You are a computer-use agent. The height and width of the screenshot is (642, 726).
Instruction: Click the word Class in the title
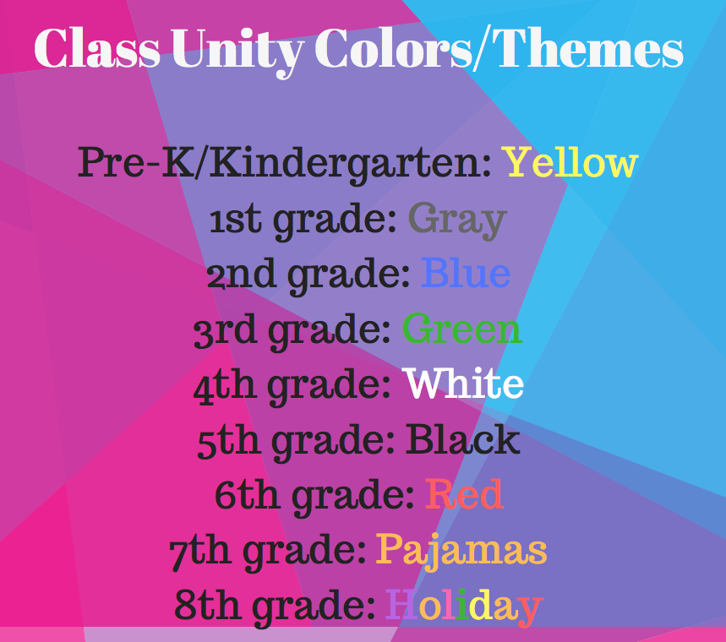pyautogui.click(x=97, y=48)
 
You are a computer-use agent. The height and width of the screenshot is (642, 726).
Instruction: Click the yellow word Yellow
pyautogui.click(x=571, y=162)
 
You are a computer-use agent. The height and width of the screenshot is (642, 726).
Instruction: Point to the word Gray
pyautogui.click(x=457, y=220)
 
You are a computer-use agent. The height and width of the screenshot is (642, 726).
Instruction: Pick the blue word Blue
pyautogui.click(x=466, y=273)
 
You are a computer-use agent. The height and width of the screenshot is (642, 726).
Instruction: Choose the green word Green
pyautogui.click(x=462, y=328)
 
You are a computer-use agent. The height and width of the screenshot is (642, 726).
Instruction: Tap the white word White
pyautogui.click(x=463, y=383)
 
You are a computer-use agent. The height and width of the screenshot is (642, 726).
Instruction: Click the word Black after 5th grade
pyautogui.click(x=463, y=438)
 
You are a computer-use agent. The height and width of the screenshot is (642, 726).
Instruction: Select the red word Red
pyautogui.click(x=464, y=494)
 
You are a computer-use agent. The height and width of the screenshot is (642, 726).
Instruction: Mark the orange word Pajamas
pyautogui.click(x=461, y=552)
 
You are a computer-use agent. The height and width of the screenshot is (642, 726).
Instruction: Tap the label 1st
pyautogui.click(x=235, y=220)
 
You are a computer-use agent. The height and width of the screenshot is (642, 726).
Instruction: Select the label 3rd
pyautogui.click(x=225, y=329)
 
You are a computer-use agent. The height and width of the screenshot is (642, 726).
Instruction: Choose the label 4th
pyautogui.click(x=225, y=384)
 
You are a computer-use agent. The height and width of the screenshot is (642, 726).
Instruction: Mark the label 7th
pyautogui.click(x=200, y=552)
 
